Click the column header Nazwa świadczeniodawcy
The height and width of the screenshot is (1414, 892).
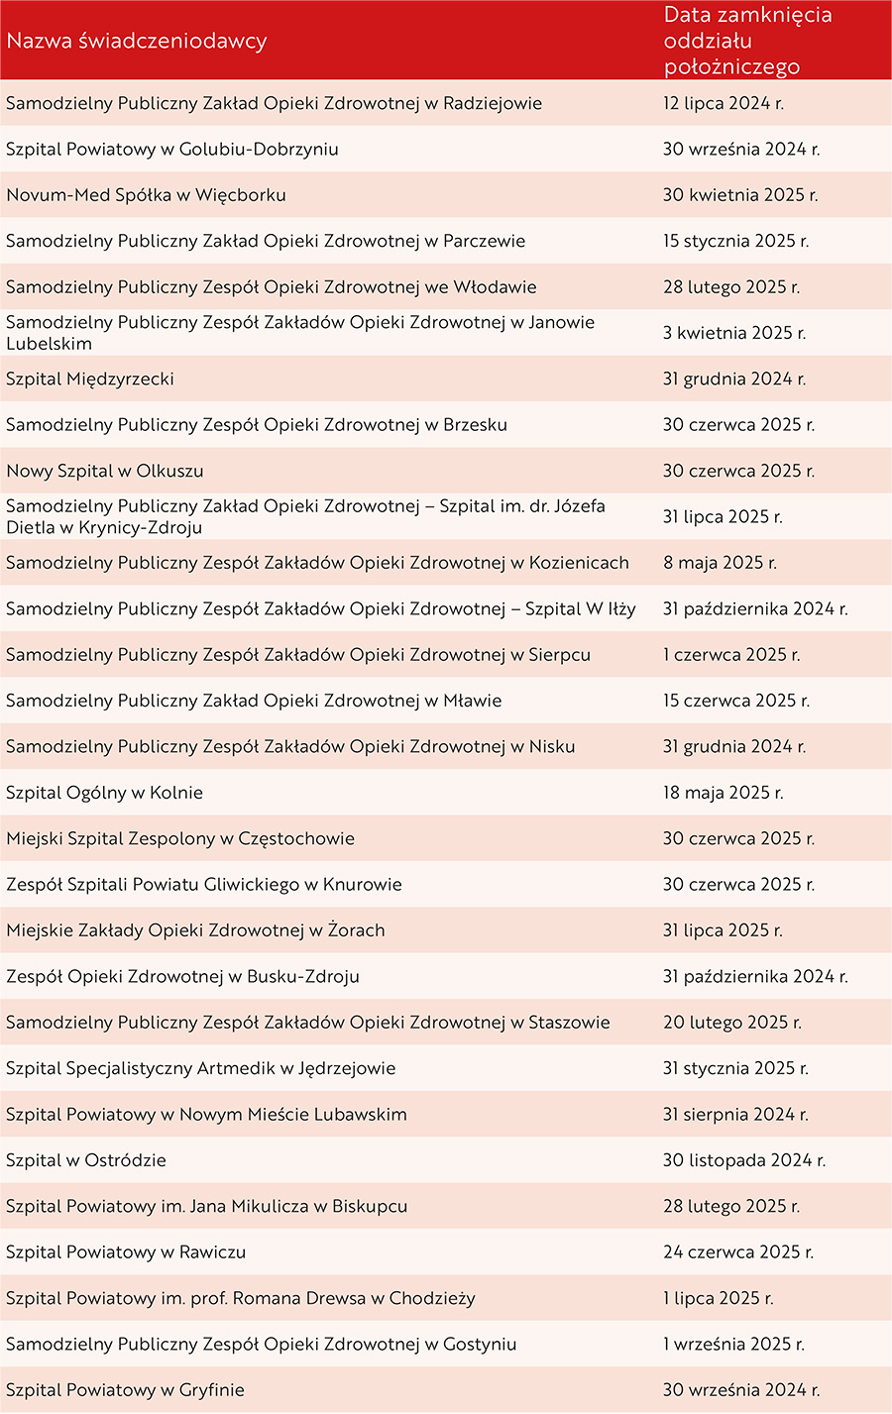pyautogui.click(x=137, y=42)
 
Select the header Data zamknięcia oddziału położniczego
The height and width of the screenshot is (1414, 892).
pyautogui.click(x=747, y=41)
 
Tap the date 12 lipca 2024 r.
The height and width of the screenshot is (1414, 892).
pyautogui.click(x=724, y=104)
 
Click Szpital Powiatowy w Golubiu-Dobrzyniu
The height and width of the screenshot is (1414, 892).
pyautogui.click(x=172, y=150)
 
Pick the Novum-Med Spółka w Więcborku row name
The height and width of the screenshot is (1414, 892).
pyautogui.click(x=146, y=195)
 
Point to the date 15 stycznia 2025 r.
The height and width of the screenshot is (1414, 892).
pyautogui.click(x=735, y=242)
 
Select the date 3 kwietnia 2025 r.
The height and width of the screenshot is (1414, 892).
pyautogui.click(x=734, y=333)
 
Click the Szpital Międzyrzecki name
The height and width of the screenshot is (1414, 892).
pyautogui.click(x=90, y=380)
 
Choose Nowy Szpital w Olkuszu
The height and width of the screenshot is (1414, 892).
pyautogui.click(x=105, y=471)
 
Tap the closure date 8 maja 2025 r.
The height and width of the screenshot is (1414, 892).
pyautogui.click(x=720, y=563)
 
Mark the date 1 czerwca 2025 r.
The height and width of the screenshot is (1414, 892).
pyautogui.click(x=731, y=655)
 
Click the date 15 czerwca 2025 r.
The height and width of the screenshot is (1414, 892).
pyautogui.click(x=736, y=701)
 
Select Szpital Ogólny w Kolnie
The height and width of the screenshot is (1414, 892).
pyautogui.click(x=104, y=793)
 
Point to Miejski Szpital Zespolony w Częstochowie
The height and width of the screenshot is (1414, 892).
pyautogui.click(x=180, y=838)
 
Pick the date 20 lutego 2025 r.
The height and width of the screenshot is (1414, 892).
pyautogui.click(x=732, y=1023)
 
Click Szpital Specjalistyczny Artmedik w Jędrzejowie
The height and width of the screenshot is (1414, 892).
pyautogui.click(x=201, y=1068)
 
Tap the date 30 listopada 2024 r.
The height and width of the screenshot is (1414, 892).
pyautogui.click(x=744, y=1160)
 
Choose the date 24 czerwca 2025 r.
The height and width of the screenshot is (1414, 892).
pyautogui.click(x=738, y=1252)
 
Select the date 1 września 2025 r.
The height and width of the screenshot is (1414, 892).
pyautogui.click(x=733, y=1345)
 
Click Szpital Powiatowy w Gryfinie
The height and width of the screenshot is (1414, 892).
pyautogui.click(x=125, y=1390)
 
